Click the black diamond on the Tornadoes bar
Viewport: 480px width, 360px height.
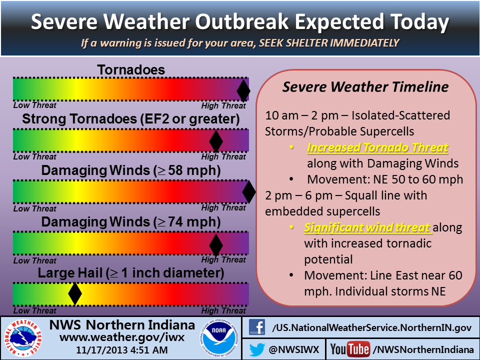point(243,90)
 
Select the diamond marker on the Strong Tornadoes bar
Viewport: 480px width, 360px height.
point(216,141)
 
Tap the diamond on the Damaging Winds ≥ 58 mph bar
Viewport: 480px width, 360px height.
point(249,192)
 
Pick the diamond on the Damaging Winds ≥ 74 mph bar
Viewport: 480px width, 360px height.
point(216,245)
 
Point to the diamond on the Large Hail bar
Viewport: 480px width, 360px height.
point(75,294)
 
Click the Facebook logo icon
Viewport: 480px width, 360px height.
point(257,327)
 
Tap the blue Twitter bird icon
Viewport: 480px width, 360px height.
point(257,349)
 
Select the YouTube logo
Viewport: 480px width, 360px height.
point(350,349)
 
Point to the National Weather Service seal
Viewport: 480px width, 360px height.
point(23,338)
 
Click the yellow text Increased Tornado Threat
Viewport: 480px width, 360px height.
point(378,147)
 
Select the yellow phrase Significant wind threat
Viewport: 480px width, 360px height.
point(367,228)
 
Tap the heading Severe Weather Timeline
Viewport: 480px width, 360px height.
point(365,86)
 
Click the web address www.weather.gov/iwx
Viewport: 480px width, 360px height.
point(122,337)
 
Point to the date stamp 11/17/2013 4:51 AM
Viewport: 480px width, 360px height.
point(122,350)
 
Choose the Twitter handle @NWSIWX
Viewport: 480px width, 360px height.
point(294,349)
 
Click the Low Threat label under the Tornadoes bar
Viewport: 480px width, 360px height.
point(34,105)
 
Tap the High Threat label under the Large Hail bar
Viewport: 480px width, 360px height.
point(223,310)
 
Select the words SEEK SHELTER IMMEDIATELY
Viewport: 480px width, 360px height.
point(329,43)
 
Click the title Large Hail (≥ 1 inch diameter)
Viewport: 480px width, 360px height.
point(131,273)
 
